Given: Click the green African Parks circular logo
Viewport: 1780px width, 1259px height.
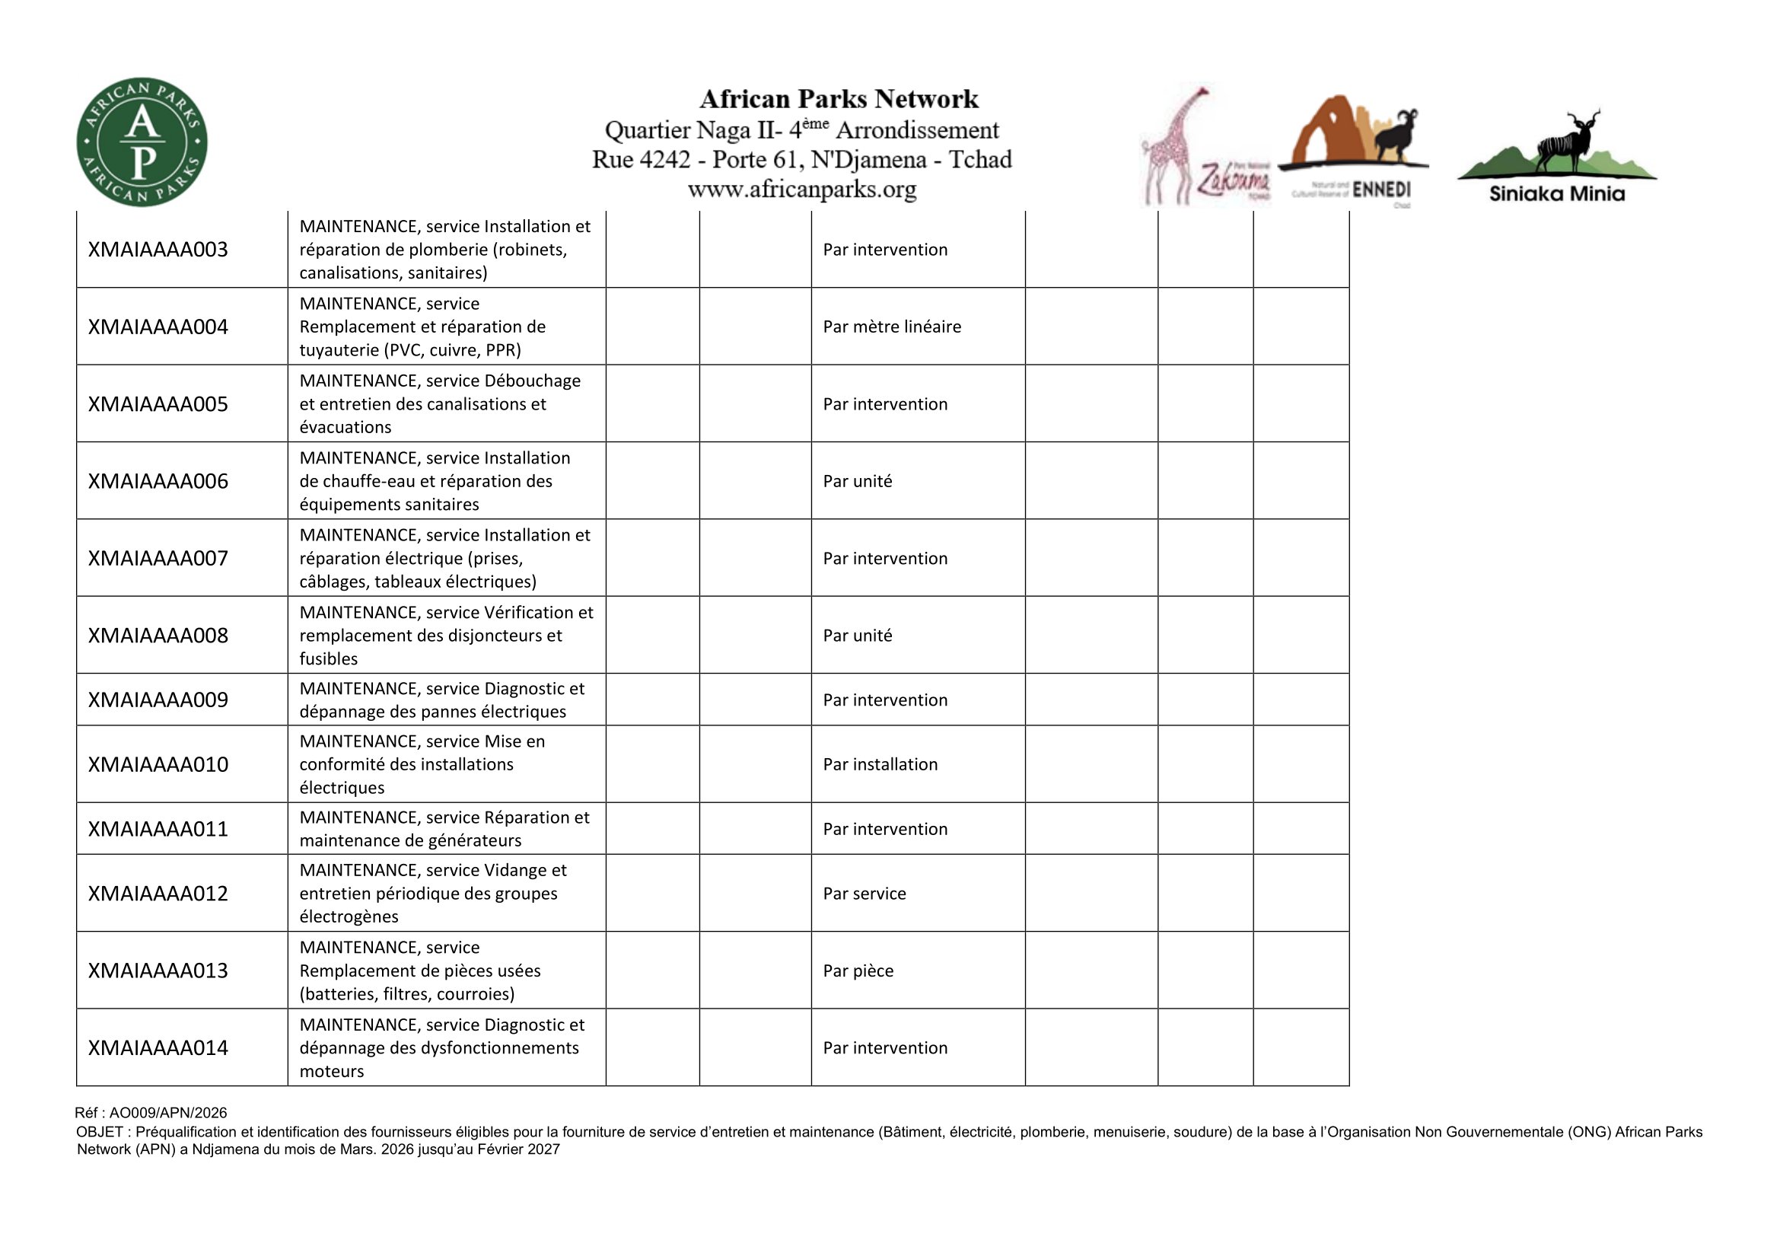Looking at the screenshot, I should click(142, 142).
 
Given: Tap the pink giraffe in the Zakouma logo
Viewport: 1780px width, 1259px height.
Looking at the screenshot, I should click(1170, 148).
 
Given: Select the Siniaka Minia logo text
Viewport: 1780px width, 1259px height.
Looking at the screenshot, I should click(1557, 194).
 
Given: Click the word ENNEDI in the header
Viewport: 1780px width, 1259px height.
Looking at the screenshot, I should click(1381, 190).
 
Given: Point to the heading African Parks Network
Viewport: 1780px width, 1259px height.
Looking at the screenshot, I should click(839, 99).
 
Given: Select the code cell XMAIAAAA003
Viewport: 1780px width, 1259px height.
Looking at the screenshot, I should click(158, 250).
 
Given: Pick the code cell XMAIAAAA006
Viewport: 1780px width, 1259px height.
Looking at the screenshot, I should click(158, 481).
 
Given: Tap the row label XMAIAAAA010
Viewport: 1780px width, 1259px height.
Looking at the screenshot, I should click(158, 764).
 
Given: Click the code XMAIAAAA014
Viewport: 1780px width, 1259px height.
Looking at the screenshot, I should click(158, 1048).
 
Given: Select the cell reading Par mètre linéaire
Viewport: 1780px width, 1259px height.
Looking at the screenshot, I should click(892, 327).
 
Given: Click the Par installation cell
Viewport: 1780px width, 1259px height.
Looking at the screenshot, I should click(880, 764).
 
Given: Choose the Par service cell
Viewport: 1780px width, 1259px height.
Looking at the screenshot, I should click(865, 893).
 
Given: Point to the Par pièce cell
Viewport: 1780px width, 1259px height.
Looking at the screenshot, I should click(858, 971).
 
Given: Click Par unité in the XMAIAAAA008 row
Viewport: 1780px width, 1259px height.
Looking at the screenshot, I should click(858, 636).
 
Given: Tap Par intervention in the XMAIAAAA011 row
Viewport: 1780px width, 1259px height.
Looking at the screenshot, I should click(884, 829).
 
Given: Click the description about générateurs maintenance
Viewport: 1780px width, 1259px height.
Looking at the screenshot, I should click(444, 829).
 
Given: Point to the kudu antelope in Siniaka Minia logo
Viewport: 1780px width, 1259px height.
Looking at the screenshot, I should click(1566, 143).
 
